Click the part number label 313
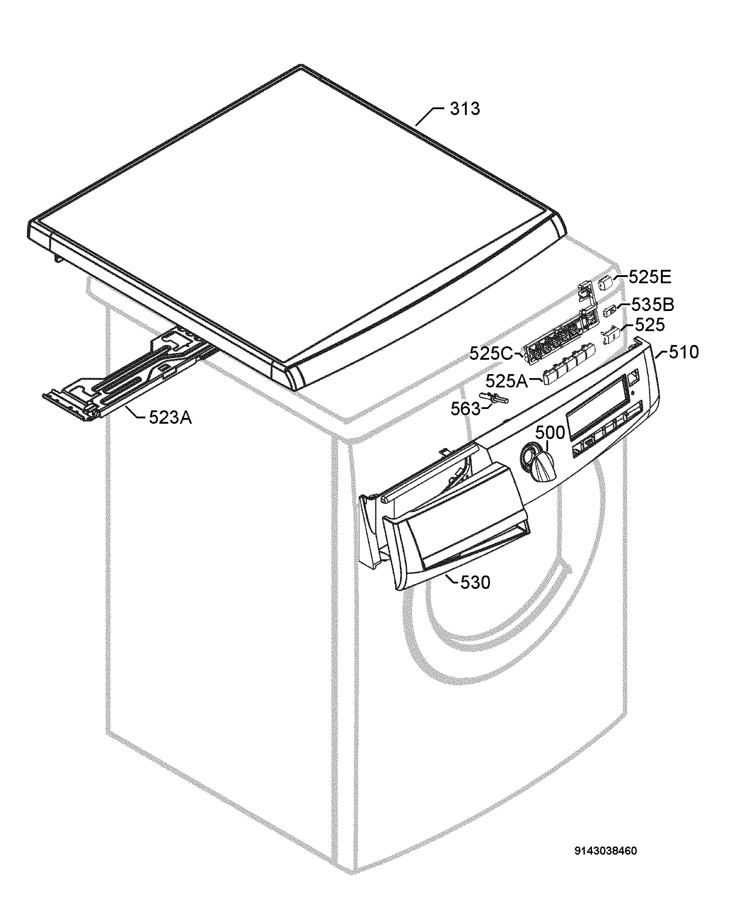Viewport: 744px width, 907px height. coord(465,109)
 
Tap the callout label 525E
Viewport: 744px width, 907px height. coord(650,277)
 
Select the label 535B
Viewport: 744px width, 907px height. coord(653,305)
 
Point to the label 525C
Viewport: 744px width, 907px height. coord(491,354)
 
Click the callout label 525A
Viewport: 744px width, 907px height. coord(506,381)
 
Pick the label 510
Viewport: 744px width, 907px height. coord(684,352)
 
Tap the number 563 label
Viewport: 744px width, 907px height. coord(465,409)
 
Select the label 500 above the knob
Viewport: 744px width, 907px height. coord(550,433)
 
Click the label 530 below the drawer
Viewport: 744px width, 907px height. coord(475,582)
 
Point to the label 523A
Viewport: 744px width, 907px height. coord(170,417)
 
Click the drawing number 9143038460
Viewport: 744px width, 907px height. coord(605,851)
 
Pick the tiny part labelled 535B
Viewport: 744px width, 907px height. coord(610,311)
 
